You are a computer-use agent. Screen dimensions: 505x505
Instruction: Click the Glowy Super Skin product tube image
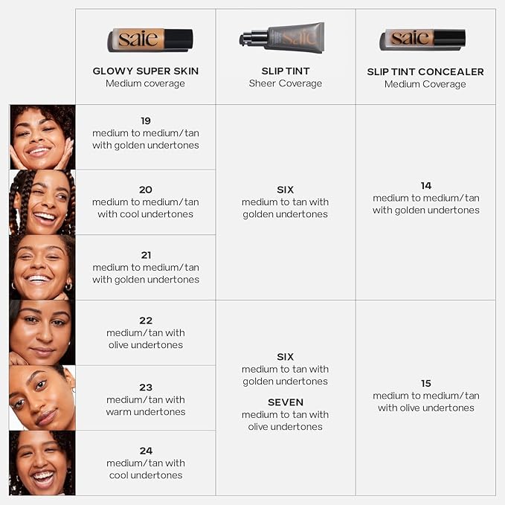[x=150, y=39]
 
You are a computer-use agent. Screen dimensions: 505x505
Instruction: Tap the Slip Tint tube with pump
[x=282, y=37]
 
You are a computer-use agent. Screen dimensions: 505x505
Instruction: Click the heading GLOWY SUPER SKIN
[x=146, y=71]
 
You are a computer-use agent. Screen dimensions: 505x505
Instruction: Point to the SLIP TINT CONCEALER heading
[x=425, y=72]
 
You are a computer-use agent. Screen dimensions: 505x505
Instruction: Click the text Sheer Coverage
[x=286, y=83]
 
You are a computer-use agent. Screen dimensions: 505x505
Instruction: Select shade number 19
[x=146, y=120]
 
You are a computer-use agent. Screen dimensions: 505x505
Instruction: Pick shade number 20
[x=146, y=190]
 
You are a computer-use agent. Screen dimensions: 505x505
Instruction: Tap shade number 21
[x=146, y=255]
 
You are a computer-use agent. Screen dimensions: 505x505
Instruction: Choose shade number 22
[x=146, y=321]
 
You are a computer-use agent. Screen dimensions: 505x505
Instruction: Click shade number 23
[x=146, y=387]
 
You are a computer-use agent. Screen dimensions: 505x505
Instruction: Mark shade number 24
[x=146, y=451]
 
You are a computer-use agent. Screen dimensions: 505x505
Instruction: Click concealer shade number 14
[x=426, y=185]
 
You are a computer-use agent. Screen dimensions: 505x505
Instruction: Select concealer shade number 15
[x=426, y=383]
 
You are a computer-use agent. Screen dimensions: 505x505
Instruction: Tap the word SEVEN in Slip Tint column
[x=286, y=402]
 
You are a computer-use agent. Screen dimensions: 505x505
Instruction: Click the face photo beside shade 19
[x=42, y=137]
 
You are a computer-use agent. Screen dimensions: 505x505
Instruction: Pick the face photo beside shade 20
[x=42, y=202]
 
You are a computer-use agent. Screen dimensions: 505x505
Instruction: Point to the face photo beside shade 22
[x=42, y=332]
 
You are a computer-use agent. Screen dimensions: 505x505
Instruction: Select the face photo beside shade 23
[x=42, y=398]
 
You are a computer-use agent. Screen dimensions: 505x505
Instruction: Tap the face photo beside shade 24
[x=42, y=463]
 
